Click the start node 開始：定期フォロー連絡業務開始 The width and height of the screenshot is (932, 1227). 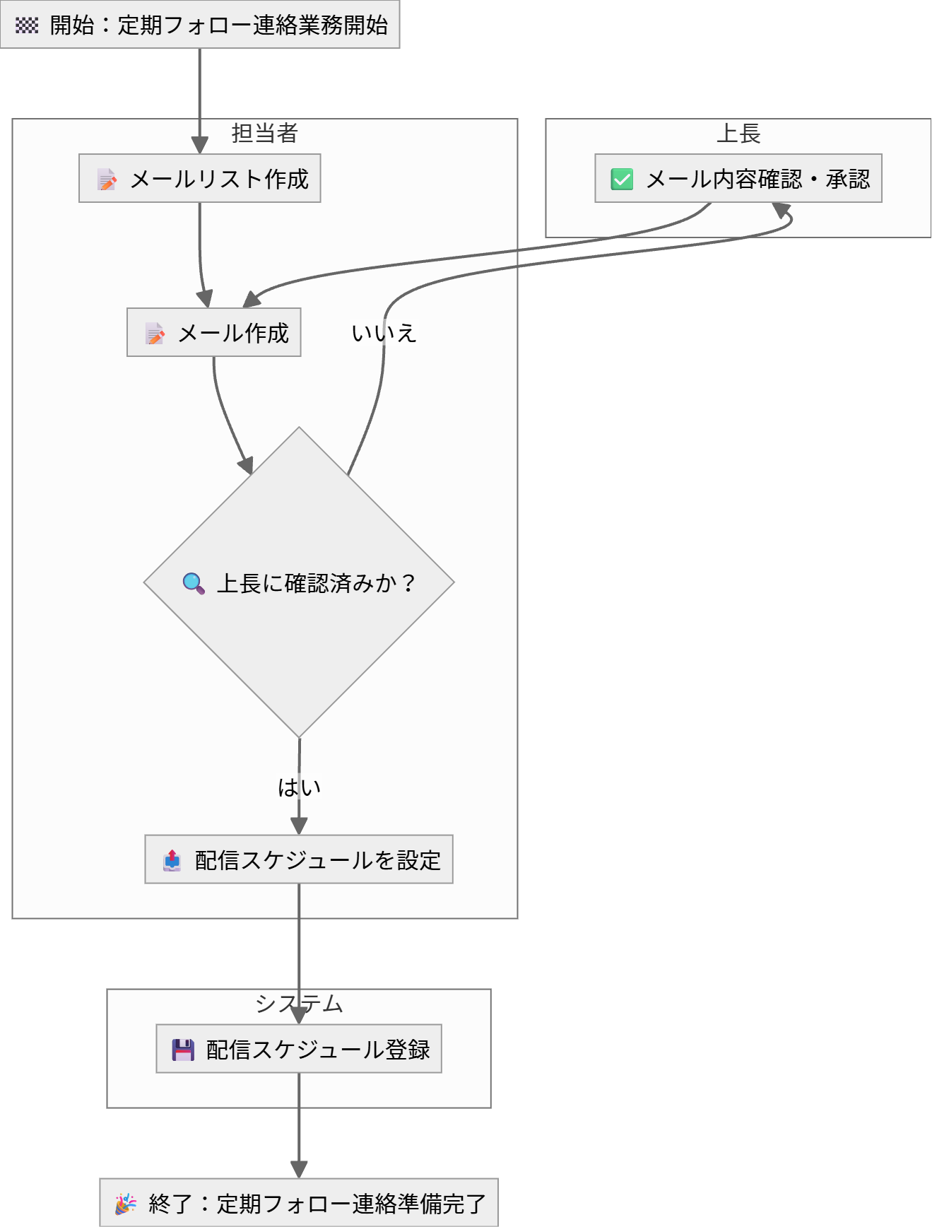[x=200, y=25]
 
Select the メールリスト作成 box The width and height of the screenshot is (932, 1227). [x=200, y=179]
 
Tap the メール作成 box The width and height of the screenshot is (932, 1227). [x=214, y=332]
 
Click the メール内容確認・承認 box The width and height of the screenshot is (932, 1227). [x=738, y=179]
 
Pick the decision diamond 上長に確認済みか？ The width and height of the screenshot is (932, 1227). [x=299, y=582]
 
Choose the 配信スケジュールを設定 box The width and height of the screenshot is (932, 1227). [x=299, y=859]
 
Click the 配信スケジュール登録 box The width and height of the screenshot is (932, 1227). [x=299, y=1049]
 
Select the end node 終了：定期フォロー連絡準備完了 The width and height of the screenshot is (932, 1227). [x=299, y=1203]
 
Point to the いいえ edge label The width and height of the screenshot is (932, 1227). [x=384, y=333]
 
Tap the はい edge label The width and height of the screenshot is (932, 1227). [x=299, y=787]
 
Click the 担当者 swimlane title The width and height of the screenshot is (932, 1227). [x=265, y=133]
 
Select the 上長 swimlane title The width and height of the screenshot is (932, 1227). [x=738, y=133]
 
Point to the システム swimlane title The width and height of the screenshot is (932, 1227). [x=299, y=1004]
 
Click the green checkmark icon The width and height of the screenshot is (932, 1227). [x=622, y=180]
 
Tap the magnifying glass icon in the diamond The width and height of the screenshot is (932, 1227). [x=194, y=583]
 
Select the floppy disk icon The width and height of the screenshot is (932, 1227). [x=183, y=1050]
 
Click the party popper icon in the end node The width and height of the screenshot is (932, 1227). [x=126, y=1203]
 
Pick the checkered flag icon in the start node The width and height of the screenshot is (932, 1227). [x=27, y=25]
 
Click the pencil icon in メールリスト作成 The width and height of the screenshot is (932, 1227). [x=107, y=180]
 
